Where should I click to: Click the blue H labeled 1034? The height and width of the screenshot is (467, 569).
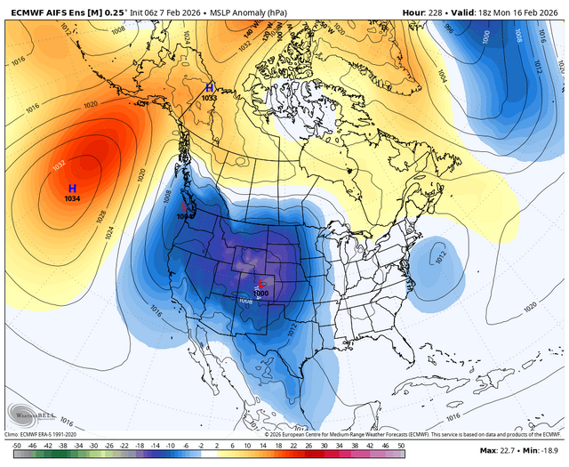click(73, 189)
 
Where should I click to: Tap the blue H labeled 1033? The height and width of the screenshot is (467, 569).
click(209, 88)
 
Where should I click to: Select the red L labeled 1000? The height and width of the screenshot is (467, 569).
click(260, 285)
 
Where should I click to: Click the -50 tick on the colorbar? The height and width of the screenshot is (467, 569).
click(15, 442)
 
